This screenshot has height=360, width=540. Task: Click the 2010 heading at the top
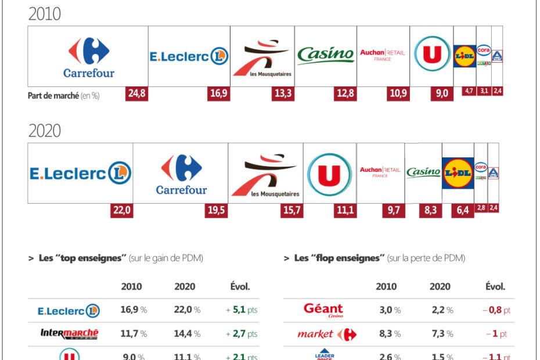point(45,13)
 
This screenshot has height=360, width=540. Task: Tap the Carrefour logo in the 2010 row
point(88,57)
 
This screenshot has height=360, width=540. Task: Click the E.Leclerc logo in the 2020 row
point(80,173)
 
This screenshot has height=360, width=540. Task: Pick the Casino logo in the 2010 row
point(326,55)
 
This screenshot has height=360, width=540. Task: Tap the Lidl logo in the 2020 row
point(458,173)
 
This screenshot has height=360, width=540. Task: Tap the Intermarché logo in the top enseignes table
point(69,334)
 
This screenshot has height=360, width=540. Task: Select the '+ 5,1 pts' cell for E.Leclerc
point(241,310)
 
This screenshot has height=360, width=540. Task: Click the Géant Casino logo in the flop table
point(323,310)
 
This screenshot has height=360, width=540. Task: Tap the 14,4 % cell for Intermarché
point(187,334)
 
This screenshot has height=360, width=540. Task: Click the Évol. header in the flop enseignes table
point(495,286)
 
